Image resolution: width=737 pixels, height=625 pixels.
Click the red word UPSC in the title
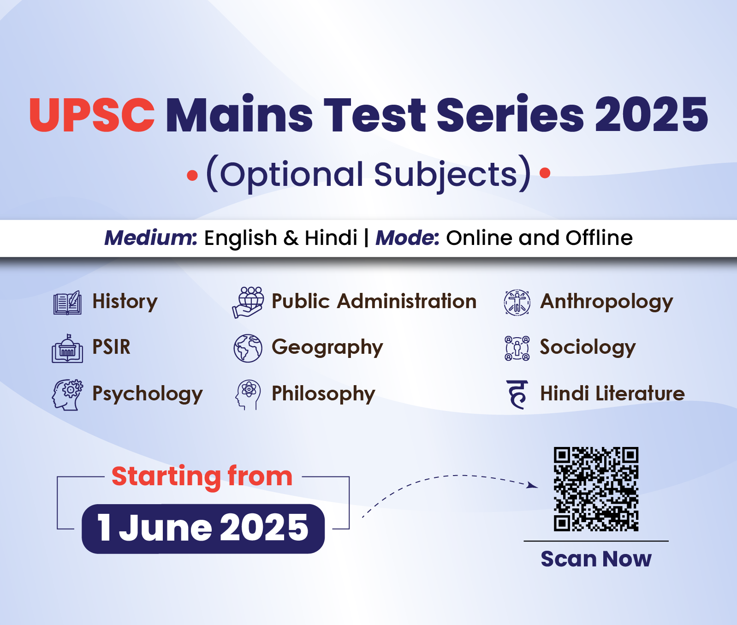tap(92, 115)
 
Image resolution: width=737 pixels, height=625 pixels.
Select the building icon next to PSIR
tap(67, 348)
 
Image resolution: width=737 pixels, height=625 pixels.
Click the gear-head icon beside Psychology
tap(67, 395)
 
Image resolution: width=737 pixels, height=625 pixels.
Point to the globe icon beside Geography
tap(248, 348)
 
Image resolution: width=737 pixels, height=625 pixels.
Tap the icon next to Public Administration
tap(248, 302)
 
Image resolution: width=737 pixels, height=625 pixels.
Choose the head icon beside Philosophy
tap(248, 395)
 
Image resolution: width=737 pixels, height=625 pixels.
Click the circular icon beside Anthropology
tap(517, 303)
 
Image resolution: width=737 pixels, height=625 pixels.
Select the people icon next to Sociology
tap(517, 348)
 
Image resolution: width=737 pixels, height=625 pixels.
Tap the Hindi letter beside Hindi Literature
tap(517, 395)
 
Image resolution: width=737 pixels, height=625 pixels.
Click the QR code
tap(596, 489)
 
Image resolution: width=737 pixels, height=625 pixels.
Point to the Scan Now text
tap(596, 559)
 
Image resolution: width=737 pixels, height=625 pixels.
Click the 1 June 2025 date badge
tap(203, 529)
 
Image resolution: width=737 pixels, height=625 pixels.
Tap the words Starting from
tap(202, 476)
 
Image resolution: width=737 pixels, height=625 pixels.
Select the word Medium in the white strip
tap(151, 238)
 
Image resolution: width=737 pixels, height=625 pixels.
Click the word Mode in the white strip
tap(408, 238)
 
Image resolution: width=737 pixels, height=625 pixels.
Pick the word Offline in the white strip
tap(599, 238)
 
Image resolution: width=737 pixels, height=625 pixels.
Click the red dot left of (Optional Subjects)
tap(192, 175)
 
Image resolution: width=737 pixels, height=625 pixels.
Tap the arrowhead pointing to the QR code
tap(533, 485)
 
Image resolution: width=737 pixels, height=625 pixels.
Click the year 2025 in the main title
tap(651, 115)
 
